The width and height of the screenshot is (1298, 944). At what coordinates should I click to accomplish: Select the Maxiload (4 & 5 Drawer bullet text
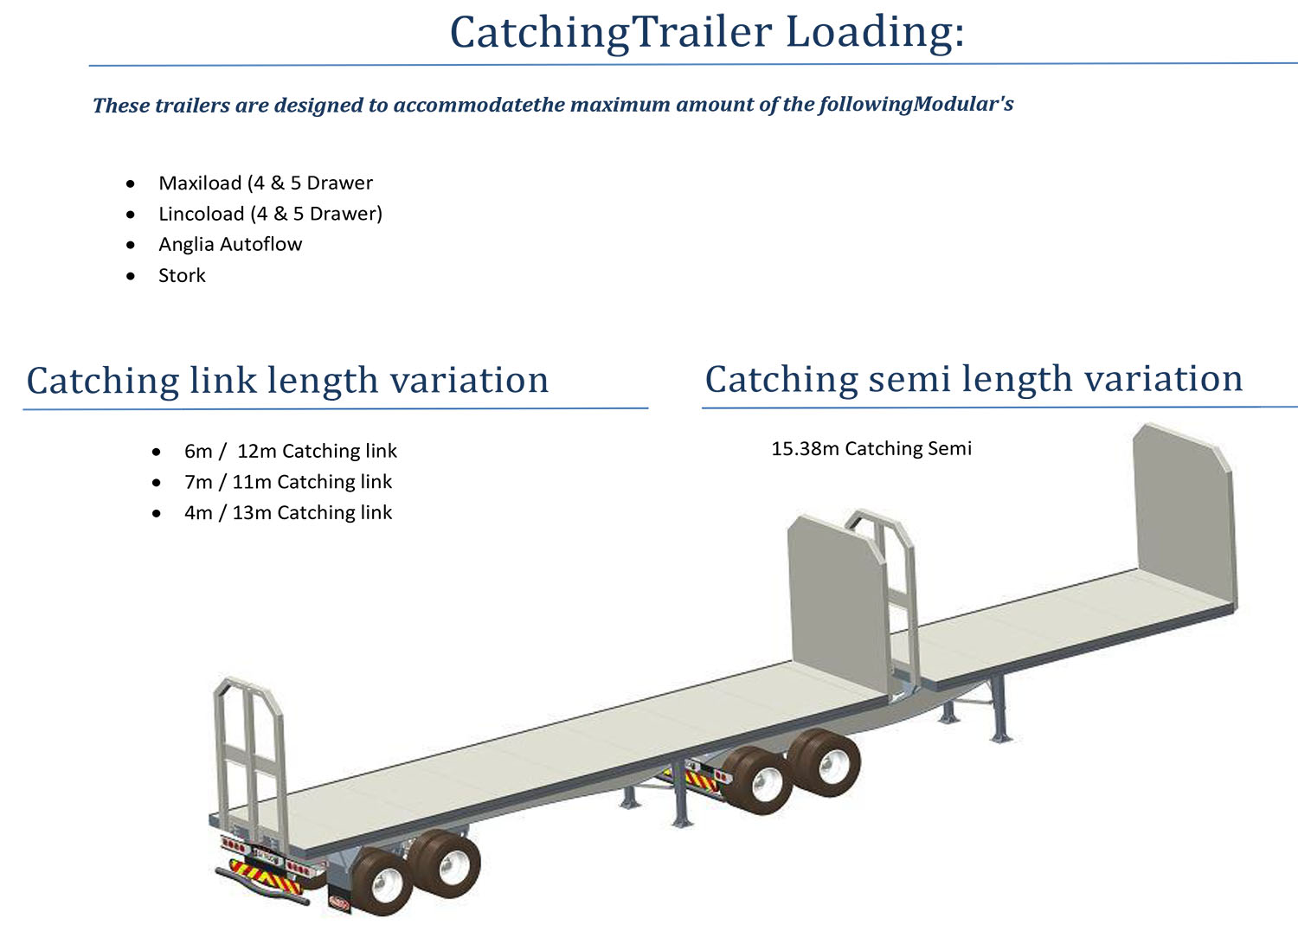tap(266, 183)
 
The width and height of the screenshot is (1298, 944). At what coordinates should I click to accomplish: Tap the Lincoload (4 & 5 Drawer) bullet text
tap(270, 214)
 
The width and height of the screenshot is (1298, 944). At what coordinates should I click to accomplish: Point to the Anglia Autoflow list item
tap(230, 245)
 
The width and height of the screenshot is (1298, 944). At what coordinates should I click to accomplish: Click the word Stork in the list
tap(182, 276)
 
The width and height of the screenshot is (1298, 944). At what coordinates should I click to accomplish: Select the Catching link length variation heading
tap(287, 381)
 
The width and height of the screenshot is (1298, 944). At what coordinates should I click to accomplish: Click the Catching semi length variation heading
tap(973, 379)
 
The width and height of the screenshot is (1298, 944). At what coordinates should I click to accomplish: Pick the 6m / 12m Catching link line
tap(290, 451)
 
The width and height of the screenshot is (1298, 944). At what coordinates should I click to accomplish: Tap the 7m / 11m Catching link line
tap(287, 482)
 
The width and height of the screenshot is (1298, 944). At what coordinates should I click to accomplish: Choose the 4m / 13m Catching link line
tap(287, 513)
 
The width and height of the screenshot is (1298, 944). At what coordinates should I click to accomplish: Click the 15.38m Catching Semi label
tap(871, 448)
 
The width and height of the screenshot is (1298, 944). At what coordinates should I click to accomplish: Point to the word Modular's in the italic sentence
tap(963, 105)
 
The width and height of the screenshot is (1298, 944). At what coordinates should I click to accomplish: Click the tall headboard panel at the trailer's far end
tap(1183, 511)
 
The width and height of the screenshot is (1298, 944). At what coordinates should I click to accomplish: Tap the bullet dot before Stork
tap(131, 276)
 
